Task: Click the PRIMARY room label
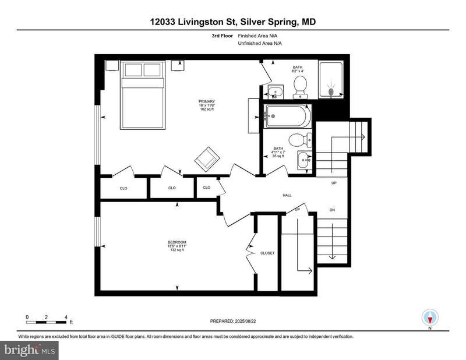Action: pos(207,102)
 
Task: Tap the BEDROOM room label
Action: pos(177,242)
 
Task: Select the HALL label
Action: pos(287,195)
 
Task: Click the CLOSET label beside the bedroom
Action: pos(267,253)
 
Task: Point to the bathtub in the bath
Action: pos(288,117)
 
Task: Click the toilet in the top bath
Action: pos(300,87)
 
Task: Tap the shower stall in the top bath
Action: pos(331,79)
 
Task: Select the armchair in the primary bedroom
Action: pos(207,159)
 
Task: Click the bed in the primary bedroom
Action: pos(143,95)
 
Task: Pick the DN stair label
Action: pos(332,210)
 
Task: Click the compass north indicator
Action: pos(430,318)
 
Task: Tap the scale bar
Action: pos(47,322)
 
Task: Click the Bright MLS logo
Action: pos(29,351)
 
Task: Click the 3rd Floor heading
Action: pos(223,36)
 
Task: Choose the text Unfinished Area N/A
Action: pos(260,44)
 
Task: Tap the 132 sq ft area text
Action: pos(177,250)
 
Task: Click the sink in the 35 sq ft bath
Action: pos(305,160)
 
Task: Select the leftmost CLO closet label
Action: pos(123,188)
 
